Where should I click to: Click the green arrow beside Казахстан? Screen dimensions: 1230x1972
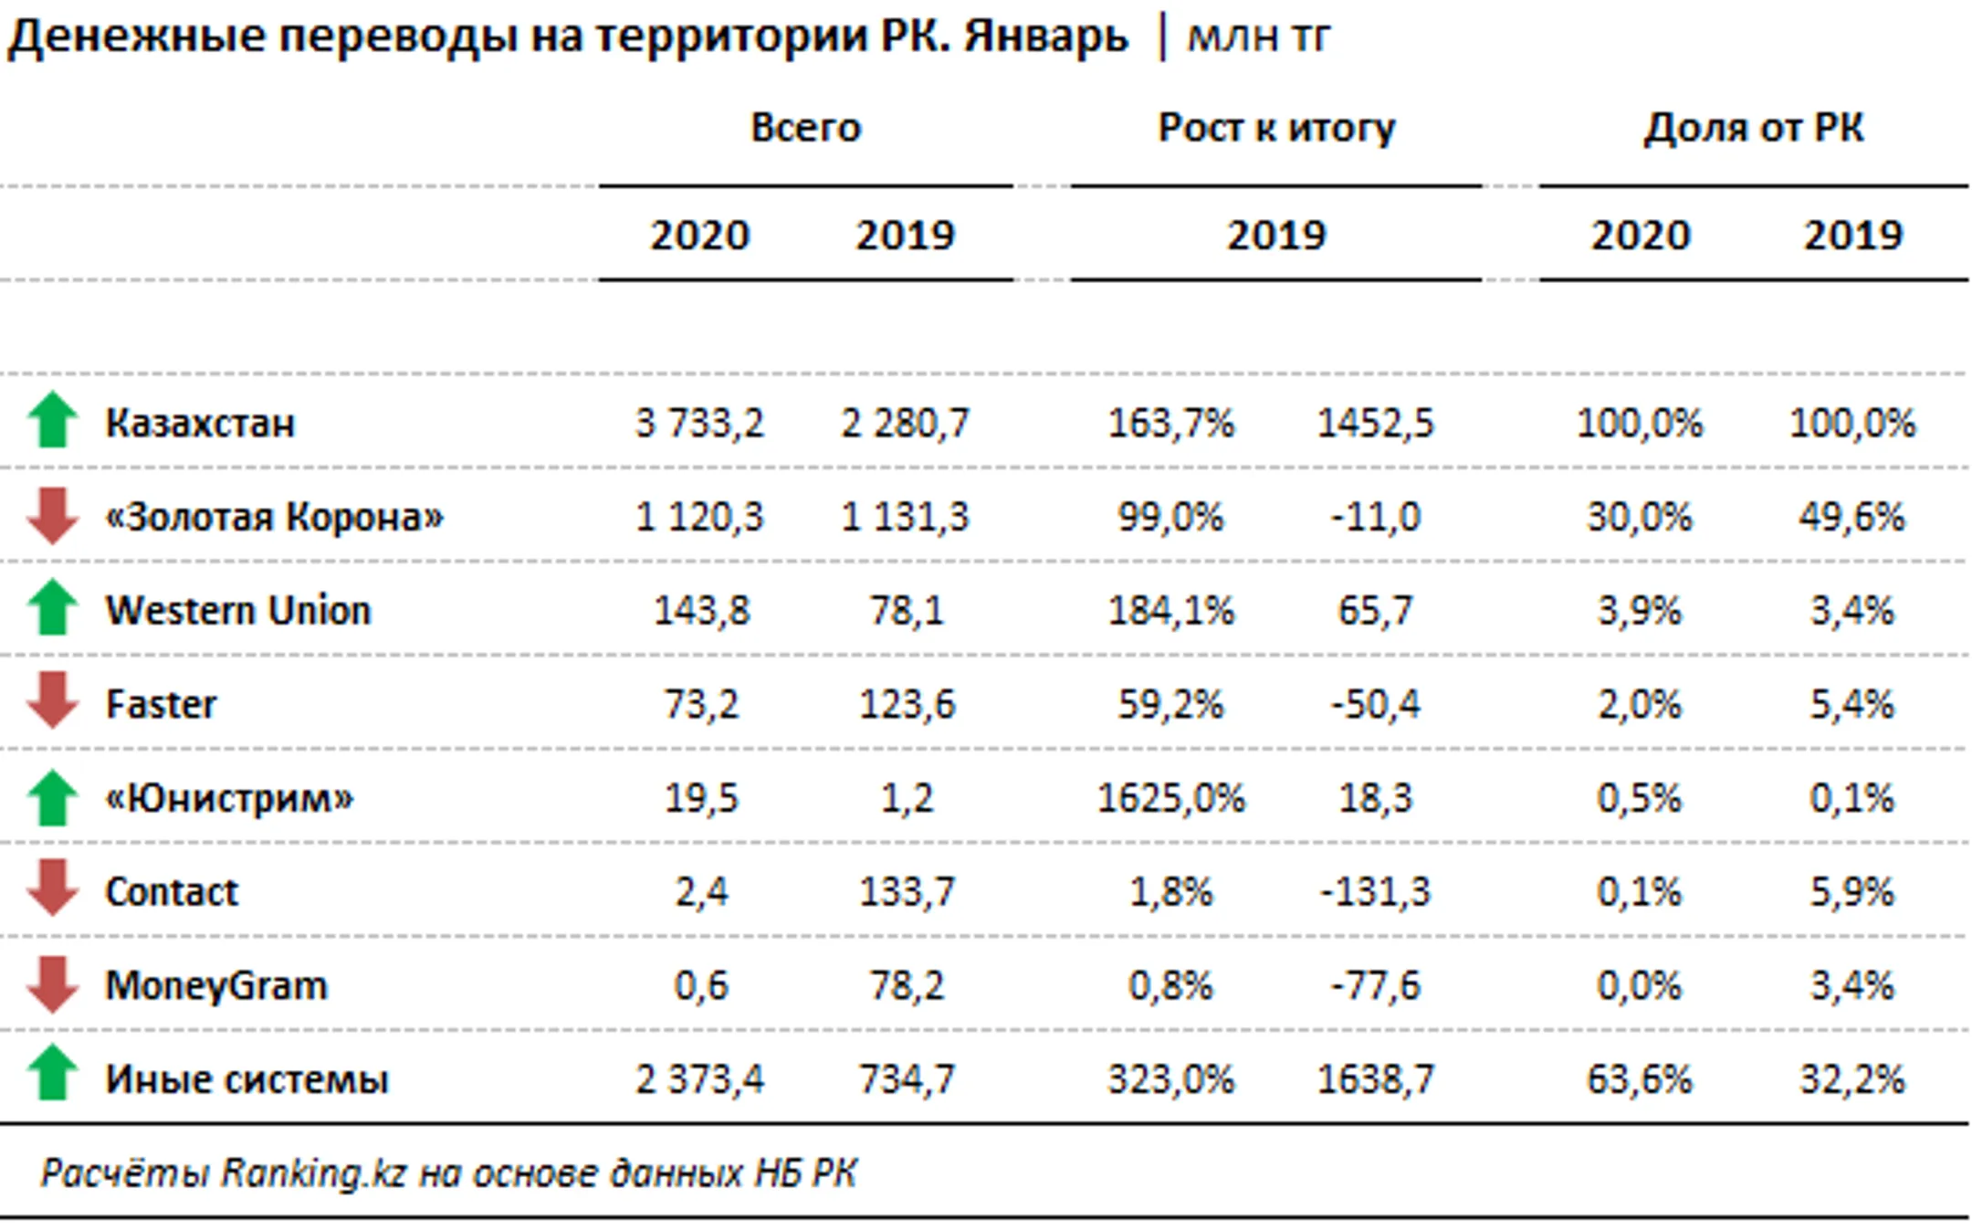53,420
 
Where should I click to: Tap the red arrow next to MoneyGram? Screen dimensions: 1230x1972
53,984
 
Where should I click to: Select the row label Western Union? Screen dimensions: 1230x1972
238,610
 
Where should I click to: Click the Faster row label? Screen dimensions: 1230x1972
161,704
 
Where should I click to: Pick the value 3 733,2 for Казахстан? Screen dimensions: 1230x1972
699,423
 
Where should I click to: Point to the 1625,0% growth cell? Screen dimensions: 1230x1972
1170,798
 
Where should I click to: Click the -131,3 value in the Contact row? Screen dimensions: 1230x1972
1375,891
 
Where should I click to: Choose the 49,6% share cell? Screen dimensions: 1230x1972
1851,517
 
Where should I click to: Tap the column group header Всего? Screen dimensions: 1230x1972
805,128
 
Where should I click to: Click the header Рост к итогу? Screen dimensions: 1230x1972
1276,128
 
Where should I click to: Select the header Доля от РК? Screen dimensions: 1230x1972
1753,128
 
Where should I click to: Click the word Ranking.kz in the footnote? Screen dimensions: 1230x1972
313,1172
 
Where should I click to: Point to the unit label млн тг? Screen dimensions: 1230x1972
1258,37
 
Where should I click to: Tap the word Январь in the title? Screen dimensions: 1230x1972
1046,37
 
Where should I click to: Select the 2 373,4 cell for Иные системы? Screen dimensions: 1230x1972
699,1079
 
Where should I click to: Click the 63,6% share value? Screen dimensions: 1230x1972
1639,1079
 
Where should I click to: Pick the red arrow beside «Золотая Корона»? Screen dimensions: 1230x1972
53,516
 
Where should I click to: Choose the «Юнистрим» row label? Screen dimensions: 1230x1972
228,798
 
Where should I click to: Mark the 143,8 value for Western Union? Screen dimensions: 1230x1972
701,610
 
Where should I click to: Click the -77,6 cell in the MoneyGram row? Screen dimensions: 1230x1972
1375,985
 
